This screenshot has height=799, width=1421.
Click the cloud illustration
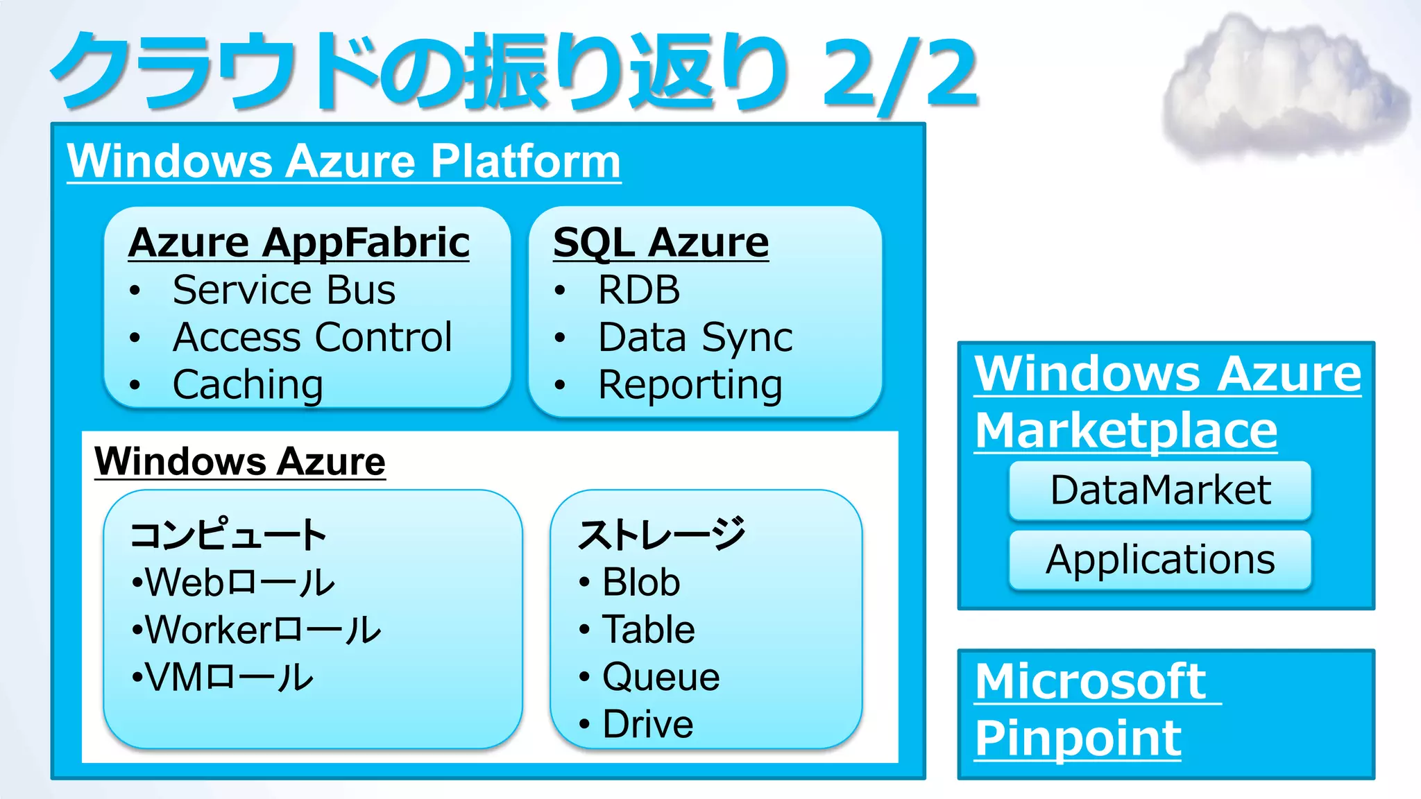[1284, 87]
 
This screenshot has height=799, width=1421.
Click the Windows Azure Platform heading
[343, 161]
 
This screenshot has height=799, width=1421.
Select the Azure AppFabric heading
[299, 243]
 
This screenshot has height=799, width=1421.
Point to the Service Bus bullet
[284, 290]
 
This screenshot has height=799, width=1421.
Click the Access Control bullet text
[312, 337]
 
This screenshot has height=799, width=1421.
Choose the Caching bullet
[248, 384]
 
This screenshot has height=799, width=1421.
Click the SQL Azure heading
[661, 243]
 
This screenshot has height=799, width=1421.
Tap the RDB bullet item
[639, 290]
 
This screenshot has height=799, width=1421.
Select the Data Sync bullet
[695, 337]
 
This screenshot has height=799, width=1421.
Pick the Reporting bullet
[690, 384]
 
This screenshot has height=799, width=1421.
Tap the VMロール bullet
[229, 677]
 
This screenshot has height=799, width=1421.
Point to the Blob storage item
[640, 582]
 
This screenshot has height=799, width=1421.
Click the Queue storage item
[661, 676]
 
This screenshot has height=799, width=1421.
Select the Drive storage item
[647, 724]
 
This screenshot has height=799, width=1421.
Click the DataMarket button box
[1160, 490]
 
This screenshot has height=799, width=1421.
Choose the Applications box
[1160, 560]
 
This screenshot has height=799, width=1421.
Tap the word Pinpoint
[1078, 738]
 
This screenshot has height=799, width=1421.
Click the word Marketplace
[1125, 431]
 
